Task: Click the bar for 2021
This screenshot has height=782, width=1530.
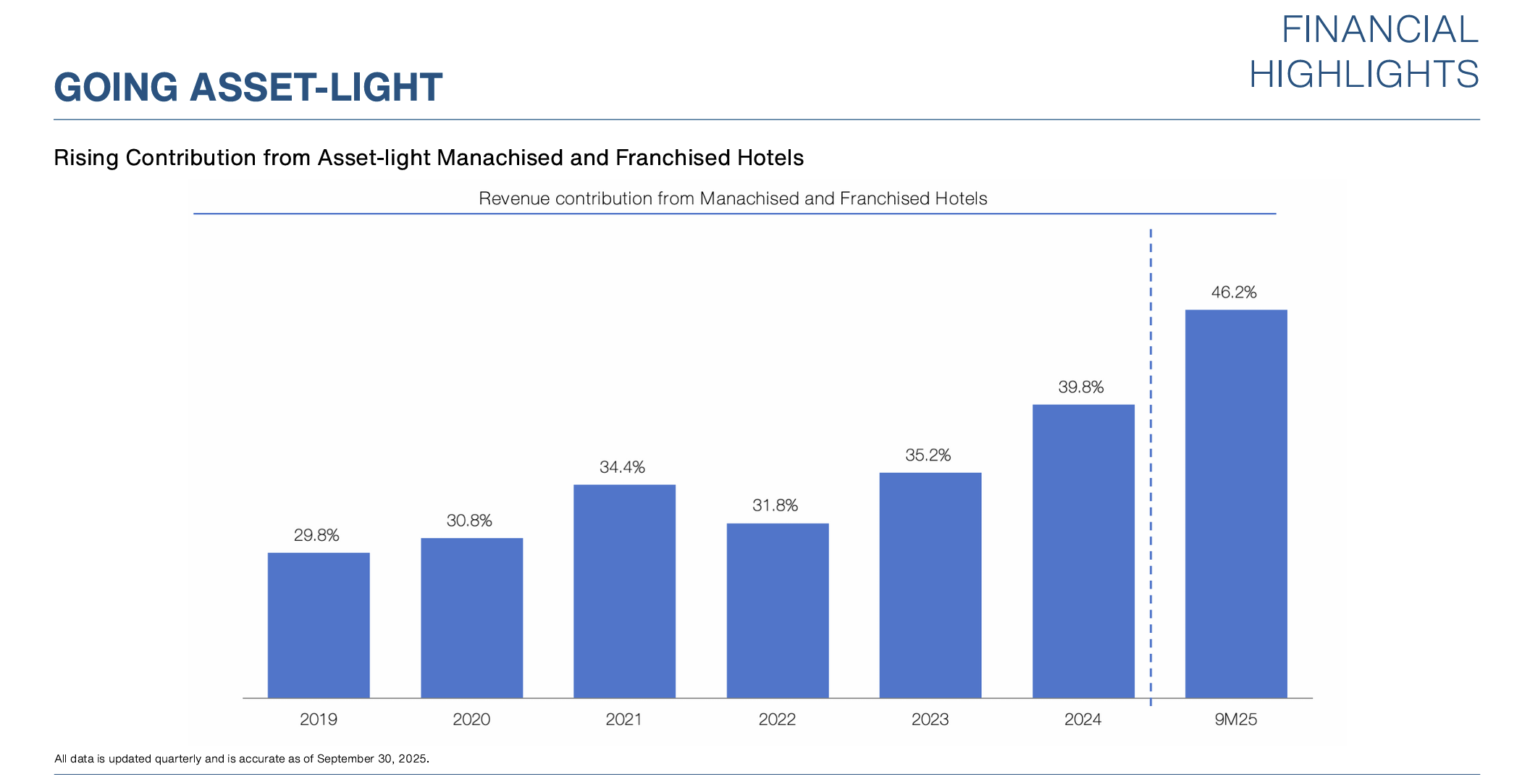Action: click(x=624, y=591)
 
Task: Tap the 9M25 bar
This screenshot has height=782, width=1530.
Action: click(x=1236, y=504)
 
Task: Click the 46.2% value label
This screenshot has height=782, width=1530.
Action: click(x=1234, y=293)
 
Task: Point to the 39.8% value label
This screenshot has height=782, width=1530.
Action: click(x=1081, y=387)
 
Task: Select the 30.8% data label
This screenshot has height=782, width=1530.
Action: click(x=469, y=521)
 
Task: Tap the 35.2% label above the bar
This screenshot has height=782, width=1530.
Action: click(x=928, y=455)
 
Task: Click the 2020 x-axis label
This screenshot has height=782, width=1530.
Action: click(x=471, y=720)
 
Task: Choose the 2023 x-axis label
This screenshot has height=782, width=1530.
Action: click(x=930, y=720)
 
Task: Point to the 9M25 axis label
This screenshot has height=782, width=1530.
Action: click(x=1236, y=720)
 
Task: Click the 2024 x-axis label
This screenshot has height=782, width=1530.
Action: click(x=1083, y=720)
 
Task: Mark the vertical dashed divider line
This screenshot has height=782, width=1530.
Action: click(x=1151, y=463)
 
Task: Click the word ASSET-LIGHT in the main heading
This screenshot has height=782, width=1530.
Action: click(x=316, y=88)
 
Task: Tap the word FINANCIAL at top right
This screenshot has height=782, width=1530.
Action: click(x=1379, y=30)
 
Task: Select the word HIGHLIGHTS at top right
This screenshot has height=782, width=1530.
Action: click(x=1363, y=75)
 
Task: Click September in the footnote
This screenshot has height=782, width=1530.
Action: click(x=345, y=759)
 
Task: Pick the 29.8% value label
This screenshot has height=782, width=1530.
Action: click(x=316, y=536)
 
